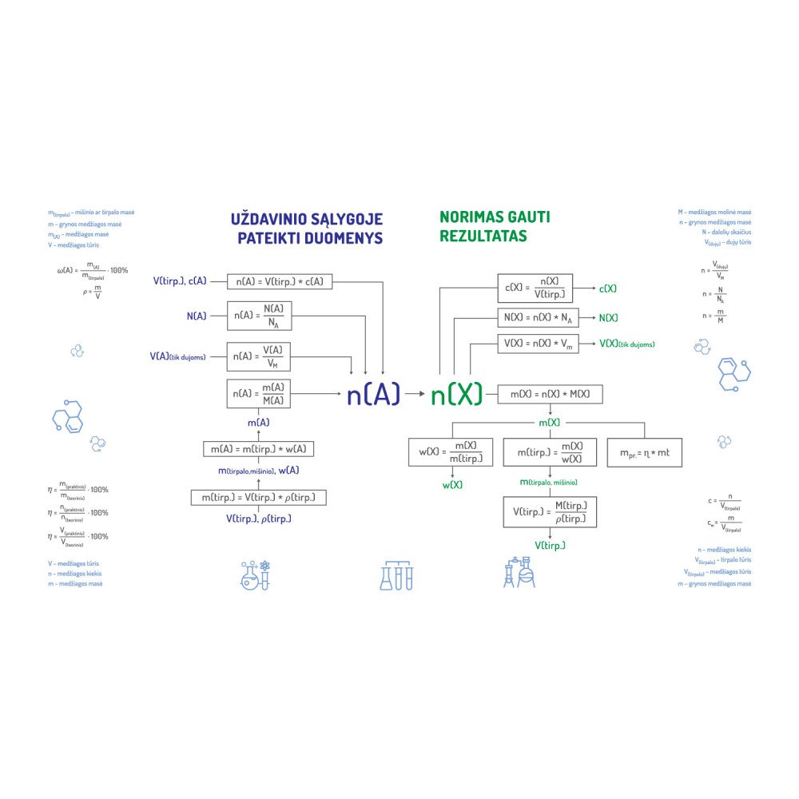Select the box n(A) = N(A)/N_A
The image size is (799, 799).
pos(259,316)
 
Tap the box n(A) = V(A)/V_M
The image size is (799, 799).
pos(259,356)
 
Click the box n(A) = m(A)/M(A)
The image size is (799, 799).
pos(259,394)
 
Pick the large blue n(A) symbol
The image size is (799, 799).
pos(372,394)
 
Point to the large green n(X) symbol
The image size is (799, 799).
pos(456,394)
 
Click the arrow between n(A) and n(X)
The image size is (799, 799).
pos(415,394)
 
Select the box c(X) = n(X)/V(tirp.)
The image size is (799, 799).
pos(535,288)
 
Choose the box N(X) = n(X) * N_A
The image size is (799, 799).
pos(539,317)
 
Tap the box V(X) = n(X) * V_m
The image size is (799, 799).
pos(539,344)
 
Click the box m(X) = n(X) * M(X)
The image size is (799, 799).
pos(551,394)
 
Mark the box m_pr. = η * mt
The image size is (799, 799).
pos(645,452)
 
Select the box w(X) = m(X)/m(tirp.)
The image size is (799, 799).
pos(451,452)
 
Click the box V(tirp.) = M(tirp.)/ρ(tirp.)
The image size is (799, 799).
pos(550,511)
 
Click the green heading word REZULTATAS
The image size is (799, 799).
pos(483,237)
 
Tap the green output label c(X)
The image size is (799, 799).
pos(608,288)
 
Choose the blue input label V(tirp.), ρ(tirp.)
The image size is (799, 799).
pos(259,519)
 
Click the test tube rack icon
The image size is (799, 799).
pos(396,574)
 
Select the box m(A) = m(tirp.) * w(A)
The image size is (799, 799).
pos(259,449)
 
